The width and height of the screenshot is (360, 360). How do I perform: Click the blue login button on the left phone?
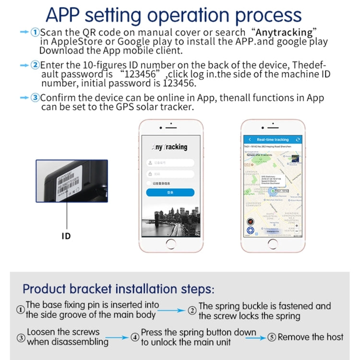170,192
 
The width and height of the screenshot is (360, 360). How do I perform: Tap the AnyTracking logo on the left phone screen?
170,147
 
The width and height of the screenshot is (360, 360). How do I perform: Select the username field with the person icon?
170,163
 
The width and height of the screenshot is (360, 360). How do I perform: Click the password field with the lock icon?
170,174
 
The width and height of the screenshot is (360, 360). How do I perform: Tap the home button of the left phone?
170,243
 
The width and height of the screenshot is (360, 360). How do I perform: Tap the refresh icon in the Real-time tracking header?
298,139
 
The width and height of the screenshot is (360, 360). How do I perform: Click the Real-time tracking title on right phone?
273,139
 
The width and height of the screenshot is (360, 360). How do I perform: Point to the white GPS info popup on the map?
271,181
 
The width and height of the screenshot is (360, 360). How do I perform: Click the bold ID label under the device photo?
66,236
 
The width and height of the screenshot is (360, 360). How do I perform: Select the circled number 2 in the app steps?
35,65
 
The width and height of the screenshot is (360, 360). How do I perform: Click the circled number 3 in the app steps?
35,98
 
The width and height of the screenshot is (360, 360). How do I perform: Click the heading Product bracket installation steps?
118,289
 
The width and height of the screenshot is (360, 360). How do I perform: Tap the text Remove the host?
311,337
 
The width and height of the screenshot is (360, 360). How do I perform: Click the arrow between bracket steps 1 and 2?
172,311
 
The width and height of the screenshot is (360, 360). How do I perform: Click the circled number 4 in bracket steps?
135,337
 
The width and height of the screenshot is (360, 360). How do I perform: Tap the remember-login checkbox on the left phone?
149,183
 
